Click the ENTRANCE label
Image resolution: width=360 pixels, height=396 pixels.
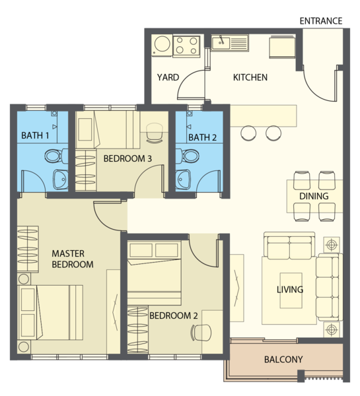point(321,20)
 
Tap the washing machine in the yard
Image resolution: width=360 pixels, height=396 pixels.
point(162,45)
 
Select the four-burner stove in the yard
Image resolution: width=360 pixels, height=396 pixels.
point(186,46)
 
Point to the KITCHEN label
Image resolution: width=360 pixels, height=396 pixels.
point(250,77)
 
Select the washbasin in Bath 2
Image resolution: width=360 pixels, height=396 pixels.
point(183,180)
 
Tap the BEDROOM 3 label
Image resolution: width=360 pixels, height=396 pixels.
point(127,158)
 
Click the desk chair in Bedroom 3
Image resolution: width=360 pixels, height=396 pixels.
point(154,133)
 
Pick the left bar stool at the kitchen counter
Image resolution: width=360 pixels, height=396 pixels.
point(248,133)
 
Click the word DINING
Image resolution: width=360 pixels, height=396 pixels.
point(314,196)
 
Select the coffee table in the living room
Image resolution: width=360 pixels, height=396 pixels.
point(291,290)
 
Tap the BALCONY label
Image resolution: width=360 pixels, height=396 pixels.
point(283,360)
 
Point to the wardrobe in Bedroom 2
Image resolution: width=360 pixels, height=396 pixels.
point(137,329)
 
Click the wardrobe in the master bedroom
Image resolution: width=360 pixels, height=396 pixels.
point(28,249)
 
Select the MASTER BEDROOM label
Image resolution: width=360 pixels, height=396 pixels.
point(73,259)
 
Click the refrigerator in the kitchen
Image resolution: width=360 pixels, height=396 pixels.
point(283,48)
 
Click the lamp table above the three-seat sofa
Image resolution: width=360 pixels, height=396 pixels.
point(332,244)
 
